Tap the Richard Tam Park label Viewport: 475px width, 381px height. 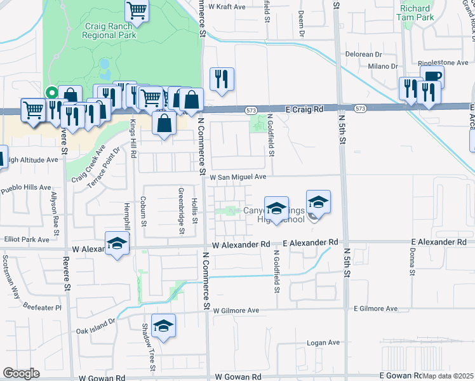417,13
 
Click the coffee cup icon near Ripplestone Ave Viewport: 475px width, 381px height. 432,77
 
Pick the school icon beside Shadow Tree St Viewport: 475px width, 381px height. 164,326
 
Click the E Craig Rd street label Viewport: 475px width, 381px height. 304,109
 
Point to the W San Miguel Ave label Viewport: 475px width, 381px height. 237,177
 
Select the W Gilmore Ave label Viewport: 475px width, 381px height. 236,311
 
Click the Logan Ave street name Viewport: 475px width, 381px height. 323,342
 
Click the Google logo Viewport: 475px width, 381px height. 21,373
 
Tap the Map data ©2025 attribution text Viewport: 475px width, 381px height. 448,376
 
